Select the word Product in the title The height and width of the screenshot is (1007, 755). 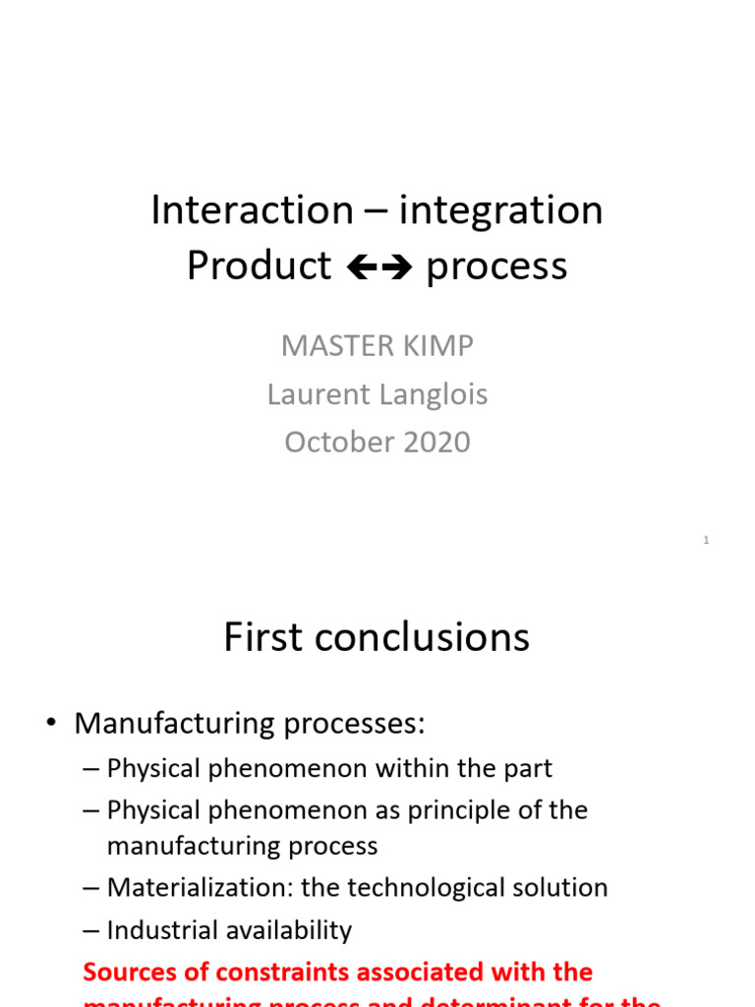[259, 266]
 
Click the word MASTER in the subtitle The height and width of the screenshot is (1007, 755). [330, 346]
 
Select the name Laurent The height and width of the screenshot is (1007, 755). [316, 394]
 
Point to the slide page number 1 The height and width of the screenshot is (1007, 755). [706, 540]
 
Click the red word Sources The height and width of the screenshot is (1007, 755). [127, 973]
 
